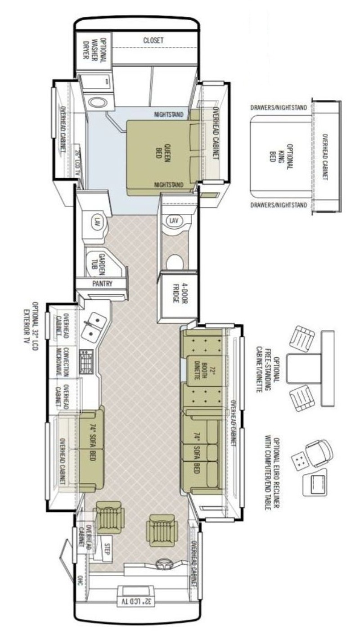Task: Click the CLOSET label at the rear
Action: tap(153, 41)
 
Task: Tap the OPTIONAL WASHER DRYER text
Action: tap(94, 50)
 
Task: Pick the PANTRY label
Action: tap(102, 284)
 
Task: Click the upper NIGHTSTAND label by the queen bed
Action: tap(169, 115)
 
